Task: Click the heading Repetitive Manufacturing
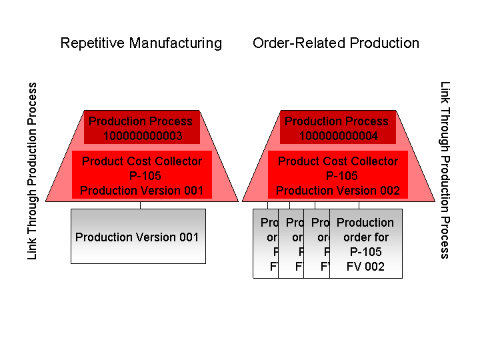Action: click(x=141, y=43)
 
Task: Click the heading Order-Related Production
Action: click(x=336, y=43)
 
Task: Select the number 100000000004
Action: click(x=337, y=136)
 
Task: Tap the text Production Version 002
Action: click(x=338, y=191)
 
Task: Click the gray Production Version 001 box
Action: click(x=138, y=237)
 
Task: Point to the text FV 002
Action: click(x=365, y=267)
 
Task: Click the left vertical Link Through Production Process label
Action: click(x=33, y=171)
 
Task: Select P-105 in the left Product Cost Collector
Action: click(x=141, y=176)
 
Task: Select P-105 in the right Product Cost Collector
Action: click(x=337, y=176)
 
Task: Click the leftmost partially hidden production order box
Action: click(x=265, y=243)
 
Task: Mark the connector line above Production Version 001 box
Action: click(x=140, y=205)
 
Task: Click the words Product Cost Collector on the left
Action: click(x=141, y=161)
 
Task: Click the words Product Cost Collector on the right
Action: click(x=337, y=161)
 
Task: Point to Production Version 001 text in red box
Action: click(x=141, y=191)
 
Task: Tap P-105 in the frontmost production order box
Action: click(x=365, y=252)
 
